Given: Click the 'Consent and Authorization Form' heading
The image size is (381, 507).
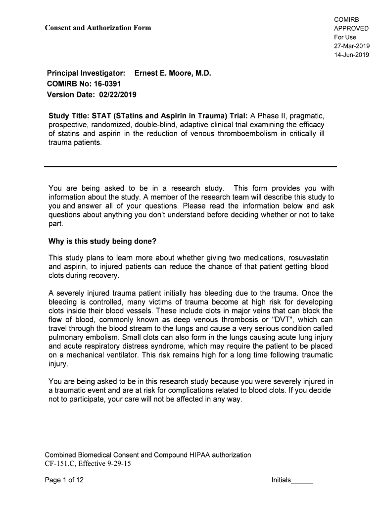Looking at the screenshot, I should click(x=98, y=28).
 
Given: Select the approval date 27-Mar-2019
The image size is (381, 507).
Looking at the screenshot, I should click(x=352, y=46).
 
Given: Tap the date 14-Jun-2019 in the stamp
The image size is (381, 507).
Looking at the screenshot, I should click(x=352, y=55).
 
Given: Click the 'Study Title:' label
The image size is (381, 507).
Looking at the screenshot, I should click(x=66, y=116).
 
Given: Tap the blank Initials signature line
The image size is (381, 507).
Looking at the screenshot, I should click(x=302, y=481).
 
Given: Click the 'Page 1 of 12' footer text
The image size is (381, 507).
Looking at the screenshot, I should click(x=64, y=480).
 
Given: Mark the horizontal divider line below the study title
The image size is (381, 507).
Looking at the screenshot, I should click(x=190, y=166).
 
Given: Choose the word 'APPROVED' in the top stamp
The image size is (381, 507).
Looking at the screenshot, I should click(x=351, y=28).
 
